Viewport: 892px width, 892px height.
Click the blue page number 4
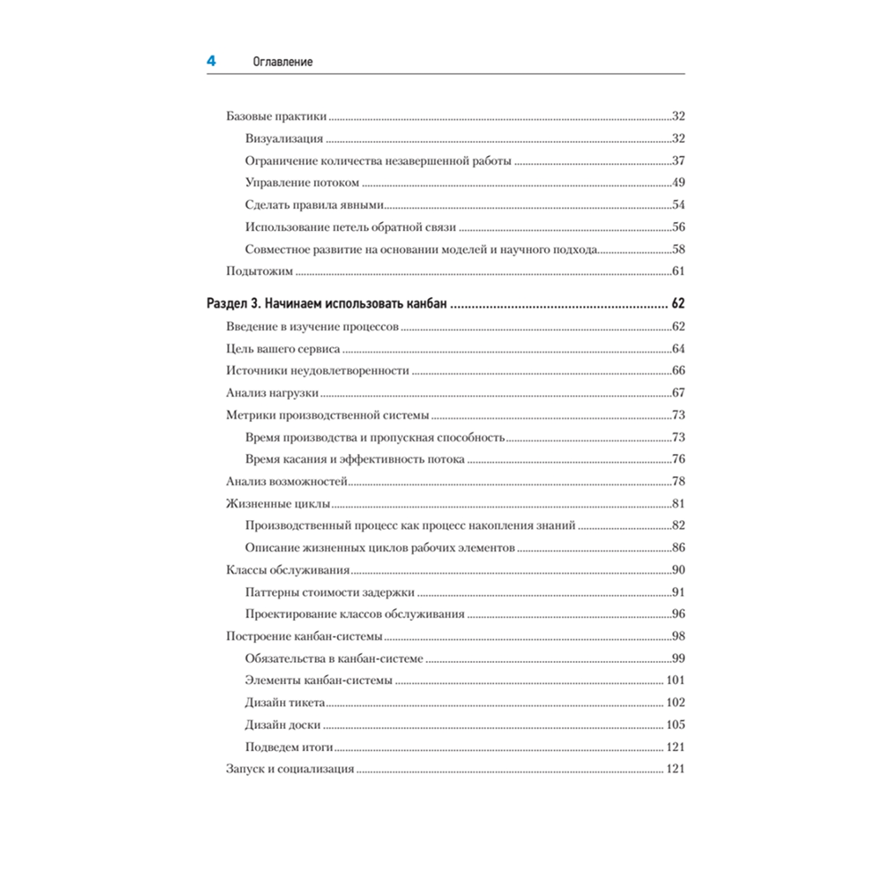211,62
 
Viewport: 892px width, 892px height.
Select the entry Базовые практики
277,117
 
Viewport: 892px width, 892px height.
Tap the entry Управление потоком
301,183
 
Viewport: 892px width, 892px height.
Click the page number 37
677,161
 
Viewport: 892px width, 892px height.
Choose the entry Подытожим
260,271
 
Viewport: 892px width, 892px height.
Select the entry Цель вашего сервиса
283,349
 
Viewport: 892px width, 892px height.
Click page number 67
677,393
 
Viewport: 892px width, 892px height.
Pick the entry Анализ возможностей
286,482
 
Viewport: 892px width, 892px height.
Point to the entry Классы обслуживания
288,570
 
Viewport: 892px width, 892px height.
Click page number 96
677,615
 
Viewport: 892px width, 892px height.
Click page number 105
674,725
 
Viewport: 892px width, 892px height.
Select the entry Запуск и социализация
291,769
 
